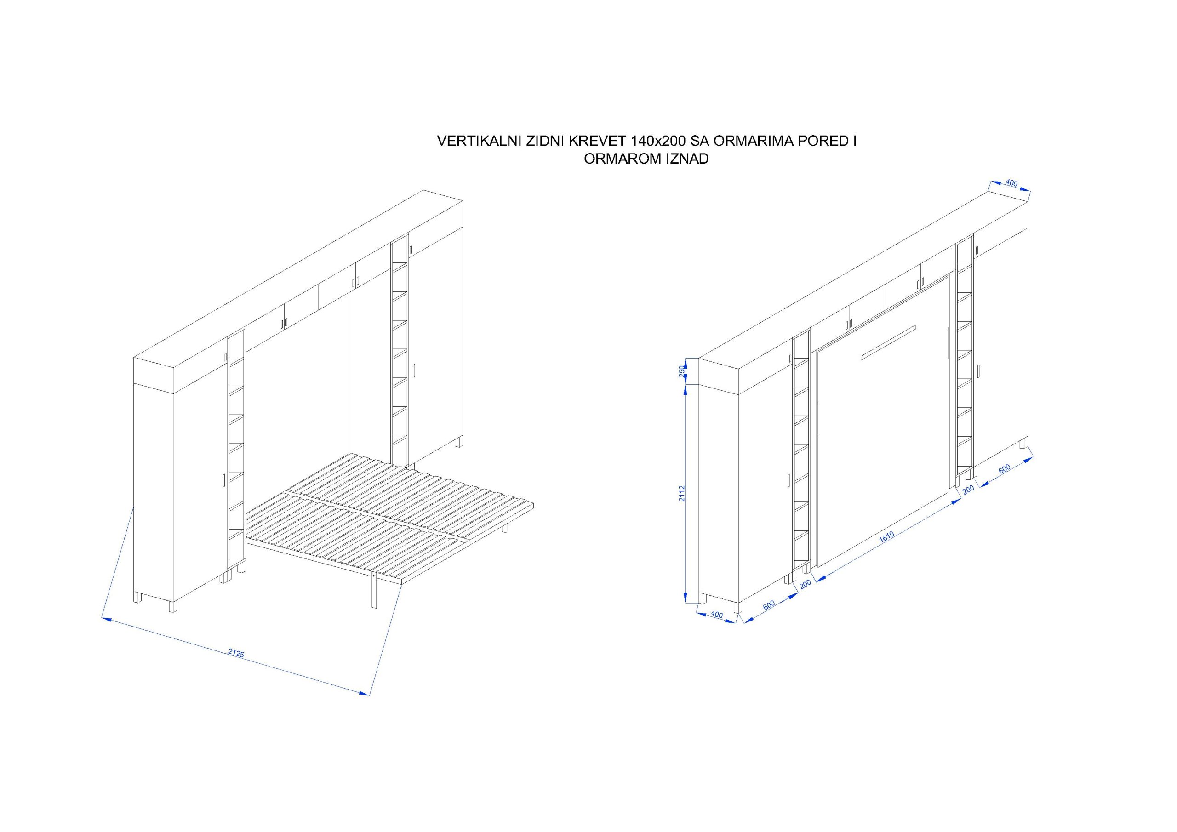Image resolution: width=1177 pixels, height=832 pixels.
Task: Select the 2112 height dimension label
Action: (x=682, y=493)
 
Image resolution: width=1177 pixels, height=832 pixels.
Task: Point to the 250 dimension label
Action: (x=682, y=370)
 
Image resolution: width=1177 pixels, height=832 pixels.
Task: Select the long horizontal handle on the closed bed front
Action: (x=888, y=342)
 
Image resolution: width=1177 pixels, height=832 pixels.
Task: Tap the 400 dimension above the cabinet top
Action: (x=1011, y=182)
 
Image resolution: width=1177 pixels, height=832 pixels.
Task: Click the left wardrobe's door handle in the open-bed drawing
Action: (x=224, y=480)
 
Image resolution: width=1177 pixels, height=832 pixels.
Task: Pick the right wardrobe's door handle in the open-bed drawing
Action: (x=414, y=370)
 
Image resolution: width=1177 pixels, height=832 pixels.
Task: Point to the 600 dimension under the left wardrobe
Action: (x=768, y=605)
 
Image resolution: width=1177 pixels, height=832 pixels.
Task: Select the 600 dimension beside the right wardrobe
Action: (x=1004, y=468)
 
